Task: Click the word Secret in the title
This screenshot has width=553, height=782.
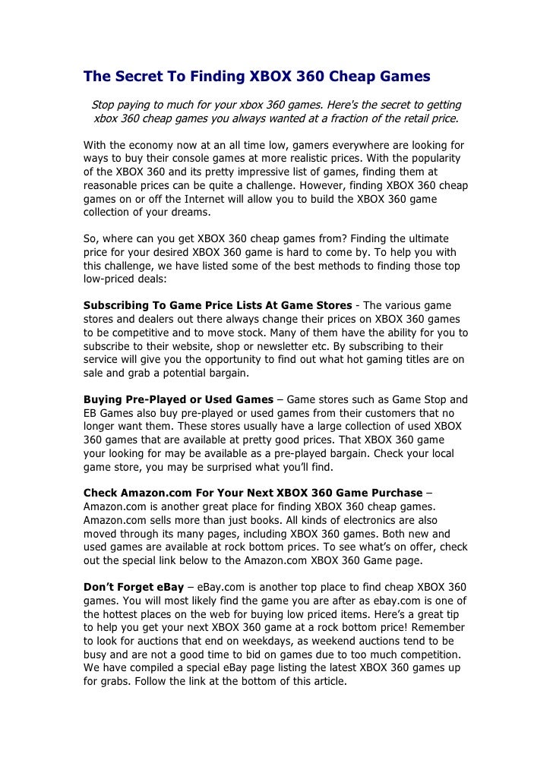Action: [x=138, y=76]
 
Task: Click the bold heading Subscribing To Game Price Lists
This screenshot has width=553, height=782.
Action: [x=217, y=305]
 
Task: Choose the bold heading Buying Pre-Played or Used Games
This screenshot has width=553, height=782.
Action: [x=178, y=399]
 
